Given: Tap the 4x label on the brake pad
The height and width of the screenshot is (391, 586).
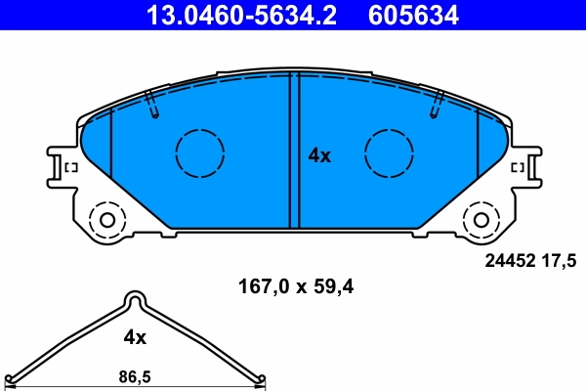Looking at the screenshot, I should click(320, 155).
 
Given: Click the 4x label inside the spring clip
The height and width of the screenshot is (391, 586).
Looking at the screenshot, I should click(135, 337).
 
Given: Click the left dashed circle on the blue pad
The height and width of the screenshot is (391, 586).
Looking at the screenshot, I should click(200, 152).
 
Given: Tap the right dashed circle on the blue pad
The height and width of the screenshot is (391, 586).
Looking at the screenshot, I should click(389, 152).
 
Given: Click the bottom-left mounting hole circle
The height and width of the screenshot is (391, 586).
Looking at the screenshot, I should click(104, 218).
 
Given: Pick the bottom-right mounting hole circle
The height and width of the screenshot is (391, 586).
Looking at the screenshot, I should click(482, 218).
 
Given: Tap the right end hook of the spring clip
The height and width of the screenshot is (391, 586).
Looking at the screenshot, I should click(258, 380).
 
